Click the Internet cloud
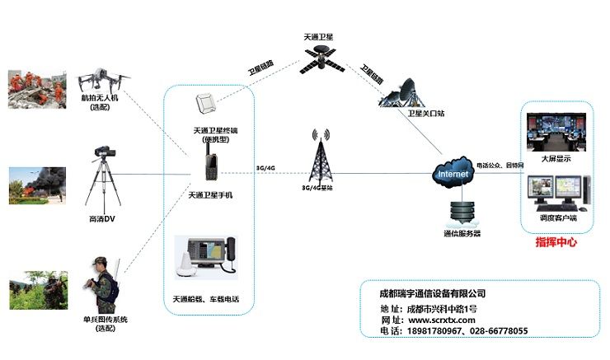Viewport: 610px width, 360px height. coord(453,175)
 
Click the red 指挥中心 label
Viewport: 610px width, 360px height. coord(556,241)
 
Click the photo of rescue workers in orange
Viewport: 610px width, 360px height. coord(37,90)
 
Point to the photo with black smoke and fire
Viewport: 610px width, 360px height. coord(37,185)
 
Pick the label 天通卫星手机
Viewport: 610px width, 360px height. coord(211,195)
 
